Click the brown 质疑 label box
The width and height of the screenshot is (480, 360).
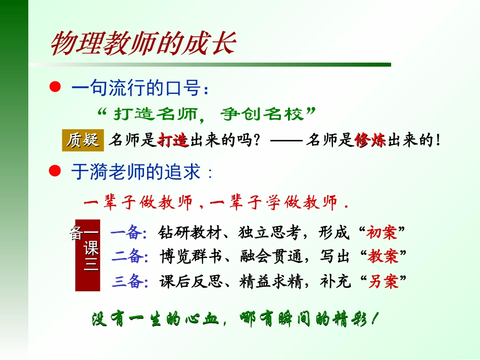click(82, 140)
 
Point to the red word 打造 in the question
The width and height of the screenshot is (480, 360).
click(173, 141)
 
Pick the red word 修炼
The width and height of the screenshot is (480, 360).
click(370, 141)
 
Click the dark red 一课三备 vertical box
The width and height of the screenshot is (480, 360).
click(88, 255)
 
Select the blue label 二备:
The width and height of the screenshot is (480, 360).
click(129, 256)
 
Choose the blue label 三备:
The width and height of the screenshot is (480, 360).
click(129, 281)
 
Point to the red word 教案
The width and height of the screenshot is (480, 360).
click(383, 256)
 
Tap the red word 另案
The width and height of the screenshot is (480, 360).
click(383, 281)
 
